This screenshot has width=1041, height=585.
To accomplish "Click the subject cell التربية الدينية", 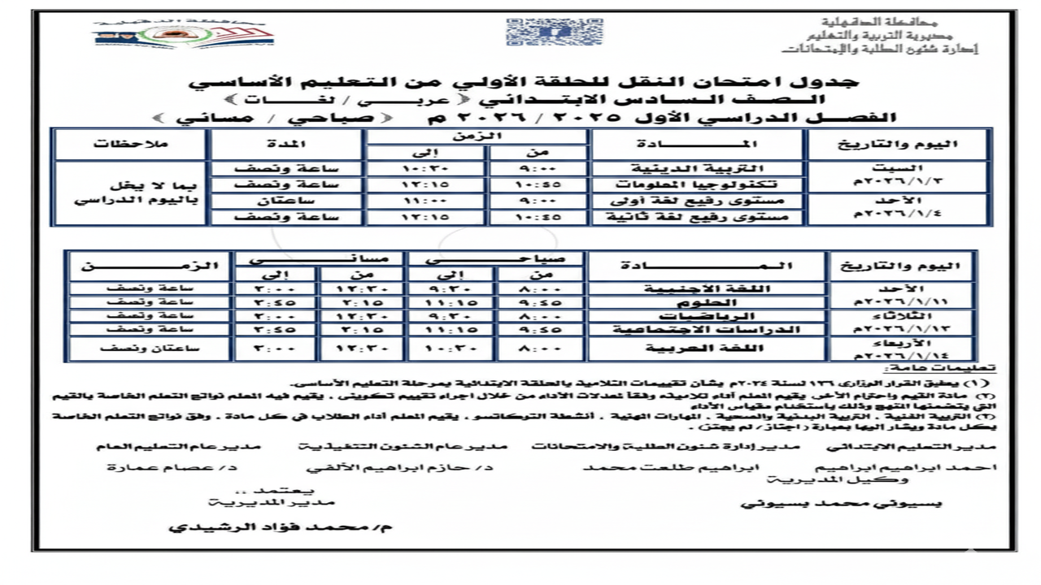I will [698, 169].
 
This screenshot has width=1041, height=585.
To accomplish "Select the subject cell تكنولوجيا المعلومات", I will [698, 184].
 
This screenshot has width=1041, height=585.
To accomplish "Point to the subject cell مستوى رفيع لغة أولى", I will [698, 201].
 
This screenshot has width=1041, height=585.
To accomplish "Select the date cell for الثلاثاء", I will [903, 323].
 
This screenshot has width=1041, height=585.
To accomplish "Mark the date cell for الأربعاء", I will [903, 349].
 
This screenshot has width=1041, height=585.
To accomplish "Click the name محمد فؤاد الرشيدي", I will [280, 527].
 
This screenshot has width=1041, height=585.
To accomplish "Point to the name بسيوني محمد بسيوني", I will [842, 503].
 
